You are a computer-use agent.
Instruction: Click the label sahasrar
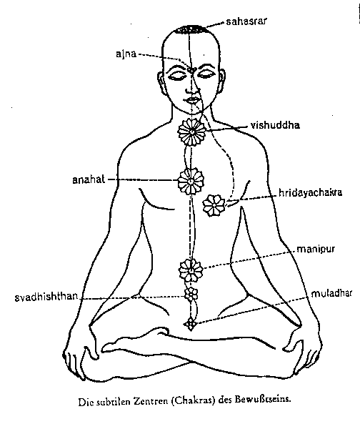[x=246, y=21]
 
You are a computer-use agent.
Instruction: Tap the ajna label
[x=126, y=54]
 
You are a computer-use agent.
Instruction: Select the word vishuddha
[x=275, y=125]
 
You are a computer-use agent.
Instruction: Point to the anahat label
[x=89, y=179]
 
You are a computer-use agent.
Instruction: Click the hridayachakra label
[x=310, y=192]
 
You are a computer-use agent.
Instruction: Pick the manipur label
[x=316, y=250]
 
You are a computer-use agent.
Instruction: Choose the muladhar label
[x=331, y=294]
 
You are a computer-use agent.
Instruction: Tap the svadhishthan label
[x=46, y=297]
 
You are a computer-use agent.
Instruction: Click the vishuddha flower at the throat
[x=191, y=132]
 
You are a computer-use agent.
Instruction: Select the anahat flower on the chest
[x=191, y=181]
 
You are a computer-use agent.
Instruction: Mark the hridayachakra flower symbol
[x=214, y=205]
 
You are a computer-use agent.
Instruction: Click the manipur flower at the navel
[x=191, y=270]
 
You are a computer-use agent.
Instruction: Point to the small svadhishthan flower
[x=191, y=294]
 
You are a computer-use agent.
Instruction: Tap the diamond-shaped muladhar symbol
[x=190, y=324]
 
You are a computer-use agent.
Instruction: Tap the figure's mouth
[x=194, y=100]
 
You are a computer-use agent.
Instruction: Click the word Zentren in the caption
[x=150, y=401]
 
